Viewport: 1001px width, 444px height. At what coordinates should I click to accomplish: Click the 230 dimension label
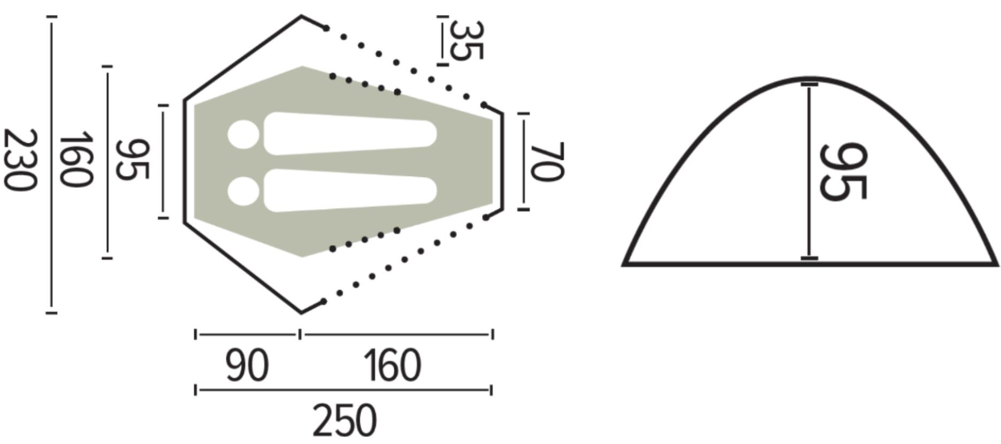coord(21,159)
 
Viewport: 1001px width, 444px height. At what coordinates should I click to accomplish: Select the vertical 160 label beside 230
coord(76,160)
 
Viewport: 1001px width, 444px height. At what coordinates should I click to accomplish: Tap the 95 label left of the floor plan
coord(133,160)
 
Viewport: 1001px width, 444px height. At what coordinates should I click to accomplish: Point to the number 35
coord(467,40)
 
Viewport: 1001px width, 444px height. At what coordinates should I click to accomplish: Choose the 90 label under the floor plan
coord(247,366)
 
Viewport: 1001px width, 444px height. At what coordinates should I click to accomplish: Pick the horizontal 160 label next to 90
coord(393,366)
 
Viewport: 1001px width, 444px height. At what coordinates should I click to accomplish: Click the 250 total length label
coord(345,420)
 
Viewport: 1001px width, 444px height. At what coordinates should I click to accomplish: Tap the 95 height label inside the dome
coord(843,172)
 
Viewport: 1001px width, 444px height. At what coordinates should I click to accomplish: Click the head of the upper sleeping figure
coord(243,134)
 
